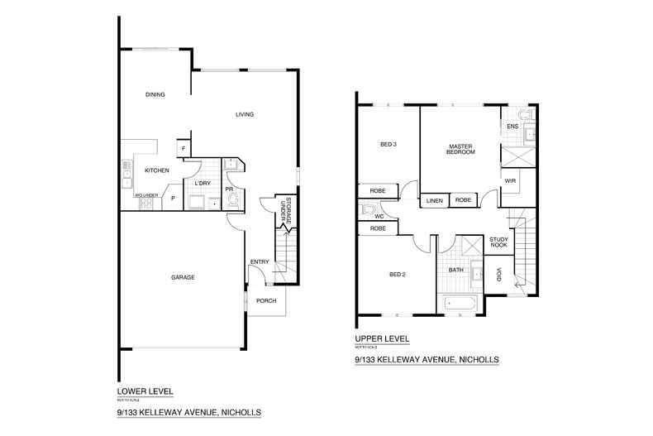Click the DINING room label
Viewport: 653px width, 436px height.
coord(155,95)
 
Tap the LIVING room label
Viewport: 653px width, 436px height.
coord(245,114)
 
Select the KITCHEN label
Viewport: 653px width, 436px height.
coord(157,170)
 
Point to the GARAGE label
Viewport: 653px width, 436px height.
coord(183,277)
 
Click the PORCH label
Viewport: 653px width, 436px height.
coord(265,300)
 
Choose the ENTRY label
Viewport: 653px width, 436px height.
coord(260,262)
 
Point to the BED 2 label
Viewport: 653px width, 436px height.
coord(397,275)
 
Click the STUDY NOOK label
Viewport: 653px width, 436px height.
coord(498,241)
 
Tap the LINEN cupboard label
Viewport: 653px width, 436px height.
coord(434,199)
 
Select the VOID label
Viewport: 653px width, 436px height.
coord(499,275)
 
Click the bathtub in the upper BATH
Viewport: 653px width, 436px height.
coord(459,304)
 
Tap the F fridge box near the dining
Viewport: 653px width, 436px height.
coord(182,148)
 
